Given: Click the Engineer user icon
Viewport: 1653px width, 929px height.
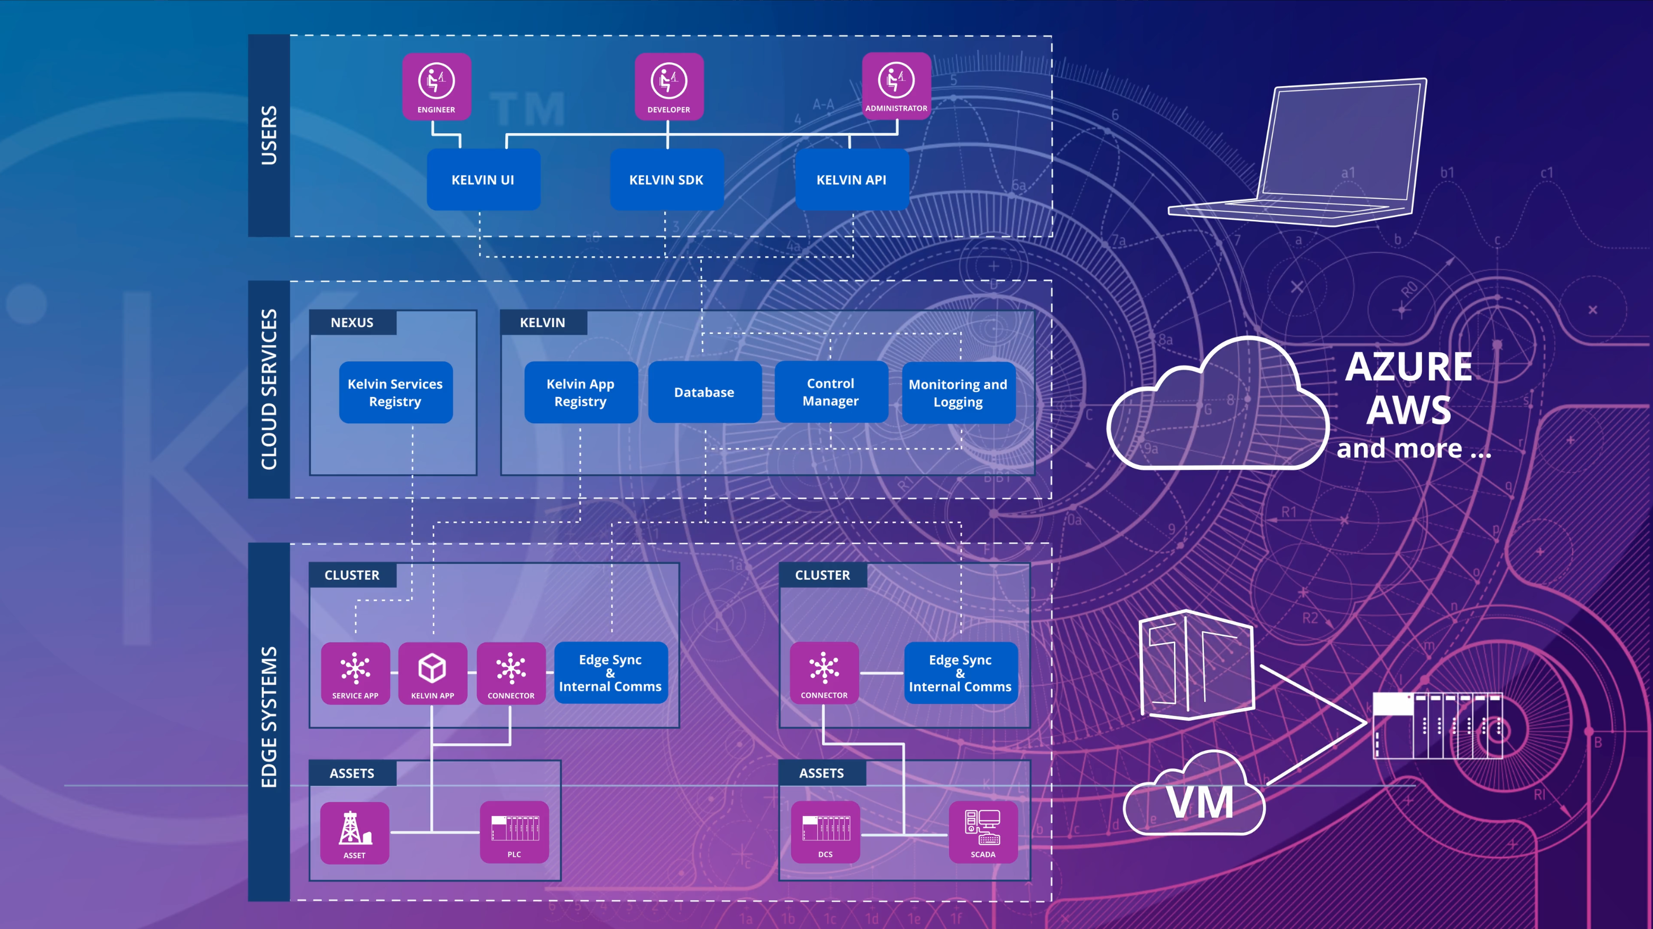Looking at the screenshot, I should (437, 86).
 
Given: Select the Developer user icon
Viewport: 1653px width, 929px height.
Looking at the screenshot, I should (668, 86).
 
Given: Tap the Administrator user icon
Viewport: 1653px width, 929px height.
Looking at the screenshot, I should (896, 85).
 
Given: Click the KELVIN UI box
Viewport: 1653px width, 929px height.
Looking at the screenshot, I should (483, 180).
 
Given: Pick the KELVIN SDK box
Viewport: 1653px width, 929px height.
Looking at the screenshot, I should (666, 180).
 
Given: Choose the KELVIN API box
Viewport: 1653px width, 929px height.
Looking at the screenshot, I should (851, 180).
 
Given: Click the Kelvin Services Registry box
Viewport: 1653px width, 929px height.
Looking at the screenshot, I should (395, 393).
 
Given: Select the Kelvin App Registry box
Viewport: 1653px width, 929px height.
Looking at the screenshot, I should (580, 393).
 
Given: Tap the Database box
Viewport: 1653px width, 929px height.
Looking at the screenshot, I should (704, 392).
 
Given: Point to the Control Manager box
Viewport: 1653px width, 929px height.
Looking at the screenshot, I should (830, 392).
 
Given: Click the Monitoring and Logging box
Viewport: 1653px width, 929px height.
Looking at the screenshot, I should (958, 393).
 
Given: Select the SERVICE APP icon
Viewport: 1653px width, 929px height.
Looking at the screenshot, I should (355, 673).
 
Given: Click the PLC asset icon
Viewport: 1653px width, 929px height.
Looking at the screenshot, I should (514, 832).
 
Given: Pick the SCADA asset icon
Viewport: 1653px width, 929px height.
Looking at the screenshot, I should (982, 832).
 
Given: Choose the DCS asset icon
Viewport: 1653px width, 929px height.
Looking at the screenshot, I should (825, 832).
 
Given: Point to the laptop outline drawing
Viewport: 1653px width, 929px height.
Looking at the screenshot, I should (1315, 154).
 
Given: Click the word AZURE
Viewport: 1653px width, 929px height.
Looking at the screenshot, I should (1408, 367).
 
